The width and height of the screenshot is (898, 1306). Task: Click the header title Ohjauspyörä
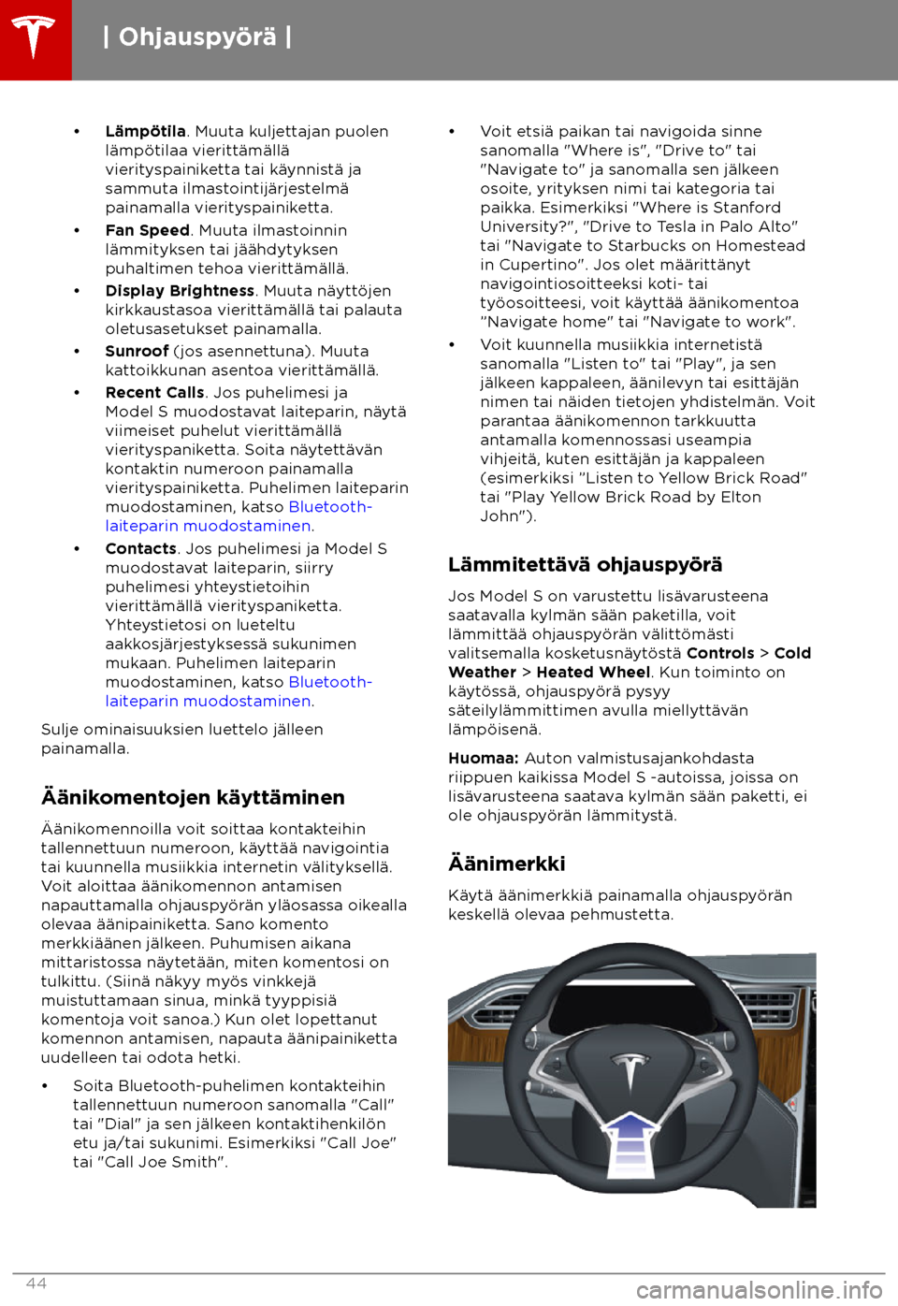(x=197, y=37)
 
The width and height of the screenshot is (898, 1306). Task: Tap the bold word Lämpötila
(x=145, y=132)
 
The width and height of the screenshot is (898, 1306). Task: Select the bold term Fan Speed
(x=148, y=231)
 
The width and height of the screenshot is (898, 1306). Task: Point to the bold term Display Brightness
(x=180, y=292)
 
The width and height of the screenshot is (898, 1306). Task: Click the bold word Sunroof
(x=137, y=352)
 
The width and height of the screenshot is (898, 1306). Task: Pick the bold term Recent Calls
(x=154, y=393)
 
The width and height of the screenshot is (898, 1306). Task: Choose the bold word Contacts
(x=141, y=549)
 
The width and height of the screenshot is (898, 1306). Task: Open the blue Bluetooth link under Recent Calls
(x=330, y=507)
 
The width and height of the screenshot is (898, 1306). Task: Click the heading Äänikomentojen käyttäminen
(x=193, y=798)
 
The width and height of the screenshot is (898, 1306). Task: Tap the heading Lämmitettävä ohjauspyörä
(x=585, y=565)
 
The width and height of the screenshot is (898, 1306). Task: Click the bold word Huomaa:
(x=483, y=759)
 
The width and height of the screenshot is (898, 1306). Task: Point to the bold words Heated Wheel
(x=593, y=673)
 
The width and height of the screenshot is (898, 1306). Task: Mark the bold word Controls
(x=720, y=654)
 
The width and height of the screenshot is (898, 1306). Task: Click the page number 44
(x=36, y=1284)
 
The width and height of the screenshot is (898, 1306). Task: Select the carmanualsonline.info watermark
(x=759, y=1292)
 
